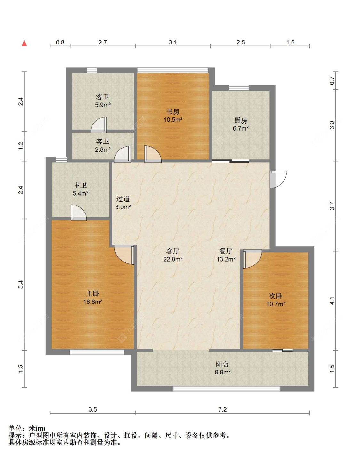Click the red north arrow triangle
point(24,43)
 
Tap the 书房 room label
point(173,111)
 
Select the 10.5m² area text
point(173,120)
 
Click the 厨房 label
point(241,120)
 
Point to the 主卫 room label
point(80,185)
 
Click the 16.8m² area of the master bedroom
point(93,302)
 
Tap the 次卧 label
point(276,296)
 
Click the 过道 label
point(123,199)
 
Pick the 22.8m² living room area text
point(173,259)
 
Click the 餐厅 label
point(226,251)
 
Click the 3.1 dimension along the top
point(173,43)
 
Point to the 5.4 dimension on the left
point(20,285)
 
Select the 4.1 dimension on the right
point(332,301)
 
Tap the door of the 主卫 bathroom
point(78,213)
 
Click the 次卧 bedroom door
point(252,259)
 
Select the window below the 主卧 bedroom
point(97,352)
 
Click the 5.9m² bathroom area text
point(103,105)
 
